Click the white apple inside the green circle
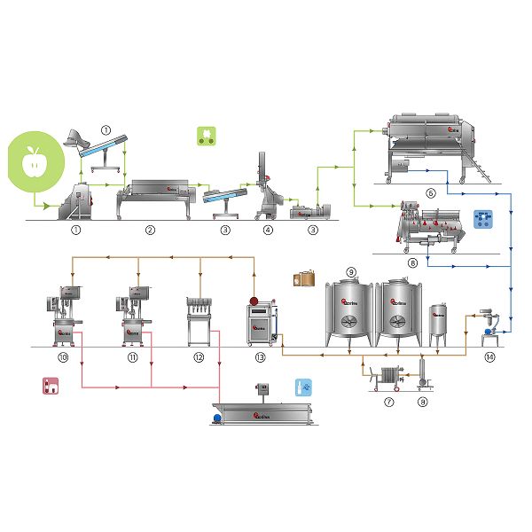tap(35, 161)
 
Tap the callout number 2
tap(151, 230)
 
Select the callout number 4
tap(267, 230)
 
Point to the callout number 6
tap(431, 192)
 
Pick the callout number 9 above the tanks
tap(351, 271)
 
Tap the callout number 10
tap(63, 357)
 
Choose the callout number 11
tap(132, 357)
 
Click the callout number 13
tap(260, 357)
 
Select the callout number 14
tap(490, 357)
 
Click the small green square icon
tap(206, 137)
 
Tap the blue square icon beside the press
tap(483, 220)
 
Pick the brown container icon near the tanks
tap(305, 278)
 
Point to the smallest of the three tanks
tap(439, 325)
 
